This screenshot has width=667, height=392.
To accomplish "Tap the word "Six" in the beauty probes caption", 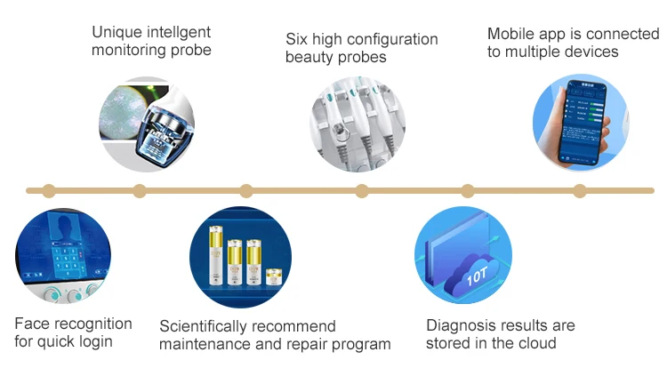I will pos(297,39).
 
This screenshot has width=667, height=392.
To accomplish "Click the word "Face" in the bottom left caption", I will pos(32,324).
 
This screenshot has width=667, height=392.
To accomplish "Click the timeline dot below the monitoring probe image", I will pos(139,190).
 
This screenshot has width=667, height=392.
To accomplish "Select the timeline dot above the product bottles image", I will pos(246,190).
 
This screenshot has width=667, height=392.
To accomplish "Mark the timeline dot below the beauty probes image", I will pos(361,190).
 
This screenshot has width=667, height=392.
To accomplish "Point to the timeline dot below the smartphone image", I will pos(579,190).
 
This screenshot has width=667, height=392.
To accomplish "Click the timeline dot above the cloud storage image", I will pos(468,190).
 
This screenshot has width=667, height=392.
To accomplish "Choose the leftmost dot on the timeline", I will pos(49,190).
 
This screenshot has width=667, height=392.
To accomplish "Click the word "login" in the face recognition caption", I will pos(93,341).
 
